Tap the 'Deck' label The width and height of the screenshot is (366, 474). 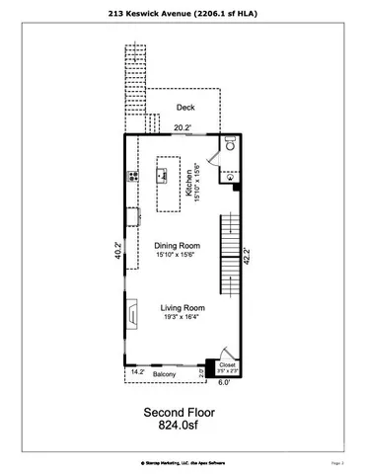(184, 107)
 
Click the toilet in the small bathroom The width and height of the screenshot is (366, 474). (227, 143)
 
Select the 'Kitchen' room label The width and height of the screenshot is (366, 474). (189, 183)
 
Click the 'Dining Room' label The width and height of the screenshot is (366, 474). (179, 246)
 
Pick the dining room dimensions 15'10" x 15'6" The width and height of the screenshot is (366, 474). (179, 257)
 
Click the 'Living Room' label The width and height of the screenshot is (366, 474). (182, 308)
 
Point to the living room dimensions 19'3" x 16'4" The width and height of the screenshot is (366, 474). (182, 318)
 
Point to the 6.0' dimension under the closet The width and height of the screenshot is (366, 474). (224, 382)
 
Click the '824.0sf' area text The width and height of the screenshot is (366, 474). (182, 428)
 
